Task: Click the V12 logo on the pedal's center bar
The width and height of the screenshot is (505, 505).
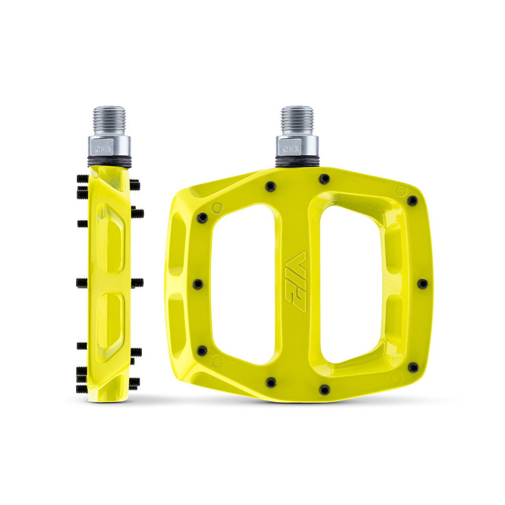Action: [x=296, y=281]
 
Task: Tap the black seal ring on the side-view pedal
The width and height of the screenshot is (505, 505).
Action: [x=110, y=163]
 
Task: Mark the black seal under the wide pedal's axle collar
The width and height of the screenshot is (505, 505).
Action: [x=297, y=162]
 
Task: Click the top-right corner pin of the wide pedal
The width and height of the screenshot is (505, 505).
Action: [x=412, y=200]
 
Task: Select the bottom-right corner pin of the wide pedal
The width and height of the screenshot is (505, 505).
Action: [x=413, y=367]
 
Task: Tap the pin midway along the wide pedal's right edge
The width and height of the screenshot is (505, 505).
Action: [x=422, y=284]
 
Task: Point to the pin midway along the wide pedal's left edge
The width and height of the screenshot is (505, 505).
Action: [x=198, y=284]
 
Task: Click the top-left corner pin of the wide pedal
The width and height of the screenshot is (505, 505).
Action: [x=203, y=218]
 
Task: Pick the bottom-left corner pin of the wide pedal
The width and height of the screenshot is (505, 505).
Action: [x=202, y=350]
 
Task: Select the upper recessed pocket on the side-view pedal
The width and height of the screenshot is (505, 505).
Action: [x=111, y=237]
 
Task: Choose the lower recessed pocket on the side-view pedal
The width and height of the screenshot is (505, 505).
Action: [x=111, y=323]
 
